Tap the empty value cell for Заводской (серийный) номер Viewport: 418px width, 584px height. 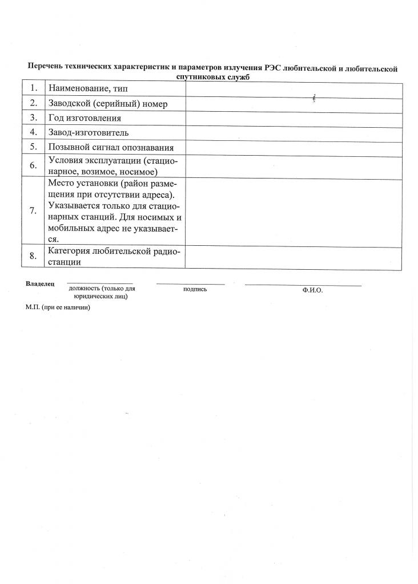tap(294, 103)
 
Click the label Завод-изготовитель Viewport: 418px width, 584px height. tap(92, 132)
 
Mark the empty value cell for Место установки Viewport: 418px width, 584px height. tap(294, 210)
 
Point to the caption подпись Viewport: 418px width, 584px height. tap(195, 289)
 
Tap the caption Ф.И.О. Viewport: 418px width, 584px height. tap(313, 290)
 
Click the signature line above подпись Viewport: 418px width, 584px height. tap(191, 283)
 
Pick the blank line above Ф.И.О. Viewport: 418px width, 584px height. tap(303, 285)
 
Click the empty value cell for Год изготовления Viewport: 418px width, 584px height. tap(294, 118)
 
